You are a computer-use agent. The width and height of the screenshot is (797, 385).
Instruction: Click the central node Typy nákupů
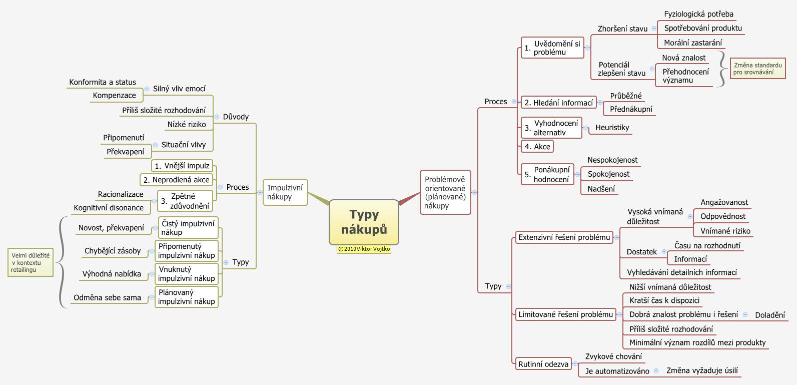tap(364, 222)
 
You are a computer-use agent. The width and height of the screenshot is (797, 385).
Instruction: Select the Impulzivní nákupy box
tap(285, 192)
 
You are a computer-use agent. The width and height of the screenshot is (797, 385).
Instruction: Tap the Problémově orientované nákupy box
tap(445, 192)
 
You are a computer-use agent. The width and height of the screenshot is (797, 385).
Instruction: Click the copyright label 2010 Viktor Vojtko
tap(364, 249)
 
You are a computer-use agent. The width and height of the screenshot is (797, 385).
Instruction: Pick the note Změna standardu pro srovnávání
tap(757, 69)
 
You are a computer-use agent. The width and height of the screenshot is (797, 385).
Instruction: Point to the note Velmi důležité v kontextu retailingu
tap(31, 262)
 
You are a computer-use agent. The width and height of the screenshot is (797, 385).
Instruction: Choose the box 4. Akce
tap(537, 147)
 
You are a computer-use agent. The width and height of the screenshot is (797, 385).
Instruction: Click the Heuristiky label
tap(612, 128)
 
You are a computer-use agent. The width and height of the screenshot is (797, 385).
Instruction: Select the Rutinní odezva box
tap(543, 364)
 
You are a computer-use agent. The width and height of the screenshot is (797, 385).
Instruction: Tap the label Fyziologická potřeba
tap(698, 14)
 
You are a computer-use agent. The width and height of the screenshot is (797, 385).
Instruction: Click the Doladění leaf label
tap(769, 315)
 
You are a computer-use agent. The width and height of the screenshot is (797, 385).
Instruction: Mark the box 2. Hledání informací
tap(558, 103)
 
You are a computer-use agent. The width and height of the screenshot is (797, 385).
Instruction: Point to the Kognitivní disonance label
tap(109, 208)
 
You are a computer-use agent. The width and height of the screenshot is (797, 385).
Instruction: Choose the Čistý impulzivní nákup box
tap(188, 228)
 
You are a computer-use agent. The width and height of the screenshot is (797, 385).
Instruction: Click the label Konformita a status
tap(103, 82)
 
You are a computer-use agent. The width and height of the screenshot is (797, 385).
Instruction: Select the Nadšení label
tap(601, 189)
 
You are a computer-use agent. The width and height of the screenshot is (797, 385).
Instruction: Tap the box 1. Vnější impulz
tap(182, 166)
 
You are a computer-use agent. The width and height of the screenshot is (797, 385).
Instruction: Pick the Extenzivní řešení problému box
tap(564, 237)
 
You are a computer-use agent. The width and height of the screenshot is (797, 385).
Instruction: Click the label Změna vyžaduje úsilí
tap(701, 370)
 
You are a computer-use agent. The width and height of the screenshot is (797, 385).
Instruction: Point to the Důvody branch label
tap(236, 117)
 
